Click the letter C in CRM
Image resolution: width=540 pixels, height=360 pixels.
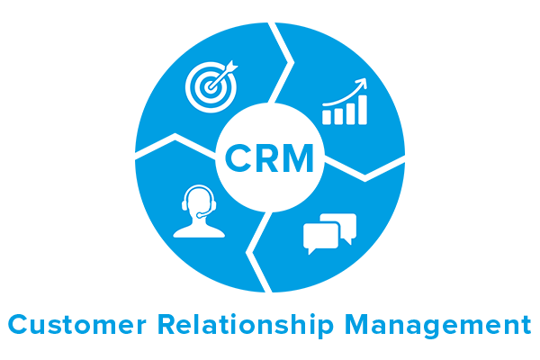pyautogui.click(x=238, y=157)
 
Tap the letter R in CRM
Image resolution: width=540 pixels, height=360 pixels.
pyautogui.click(x=266, y=157)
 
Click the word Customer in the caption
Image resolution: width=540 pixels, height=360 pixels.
pyautogui.click(x=77, y=324)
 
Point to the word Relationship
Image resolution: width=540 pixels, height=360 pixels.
pyautogui.click(x=246, y=325)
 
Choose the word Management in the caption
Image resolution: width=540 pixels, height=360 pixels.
pyautogui.click(x=437, y=326)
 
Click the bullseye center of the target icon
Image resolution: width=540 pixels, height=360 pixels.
pyautogui.click(x=210, y=86)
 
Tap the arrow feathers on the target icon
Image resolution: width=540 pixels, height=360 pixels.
pyautogui.click(x=231, y=67)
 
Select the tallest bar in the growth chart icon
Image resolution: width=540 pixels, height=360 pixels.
pyautogui.click(x=363, y=110)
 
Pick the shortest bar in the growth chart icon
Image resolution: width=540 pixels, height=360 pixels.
pyautogui.click(x=327, y=118)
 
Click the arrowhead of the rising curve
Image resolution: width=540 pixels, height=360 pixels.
pyautogui.click(x=362, y=84)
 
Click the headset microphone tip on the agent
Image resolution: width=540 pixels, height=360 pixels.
pyautogui.click(x=199, y=216)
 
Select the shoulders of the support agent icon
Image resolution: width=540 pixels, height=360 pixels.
pyautogui.click(x=199, y=231)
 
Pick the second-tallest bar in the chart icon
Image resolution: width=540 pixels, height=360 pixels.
pyautogui.click(x=350, y=113)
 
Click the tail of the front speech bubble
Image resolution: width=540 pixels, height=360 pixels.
pyautogui.click(x=311, y=251)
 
